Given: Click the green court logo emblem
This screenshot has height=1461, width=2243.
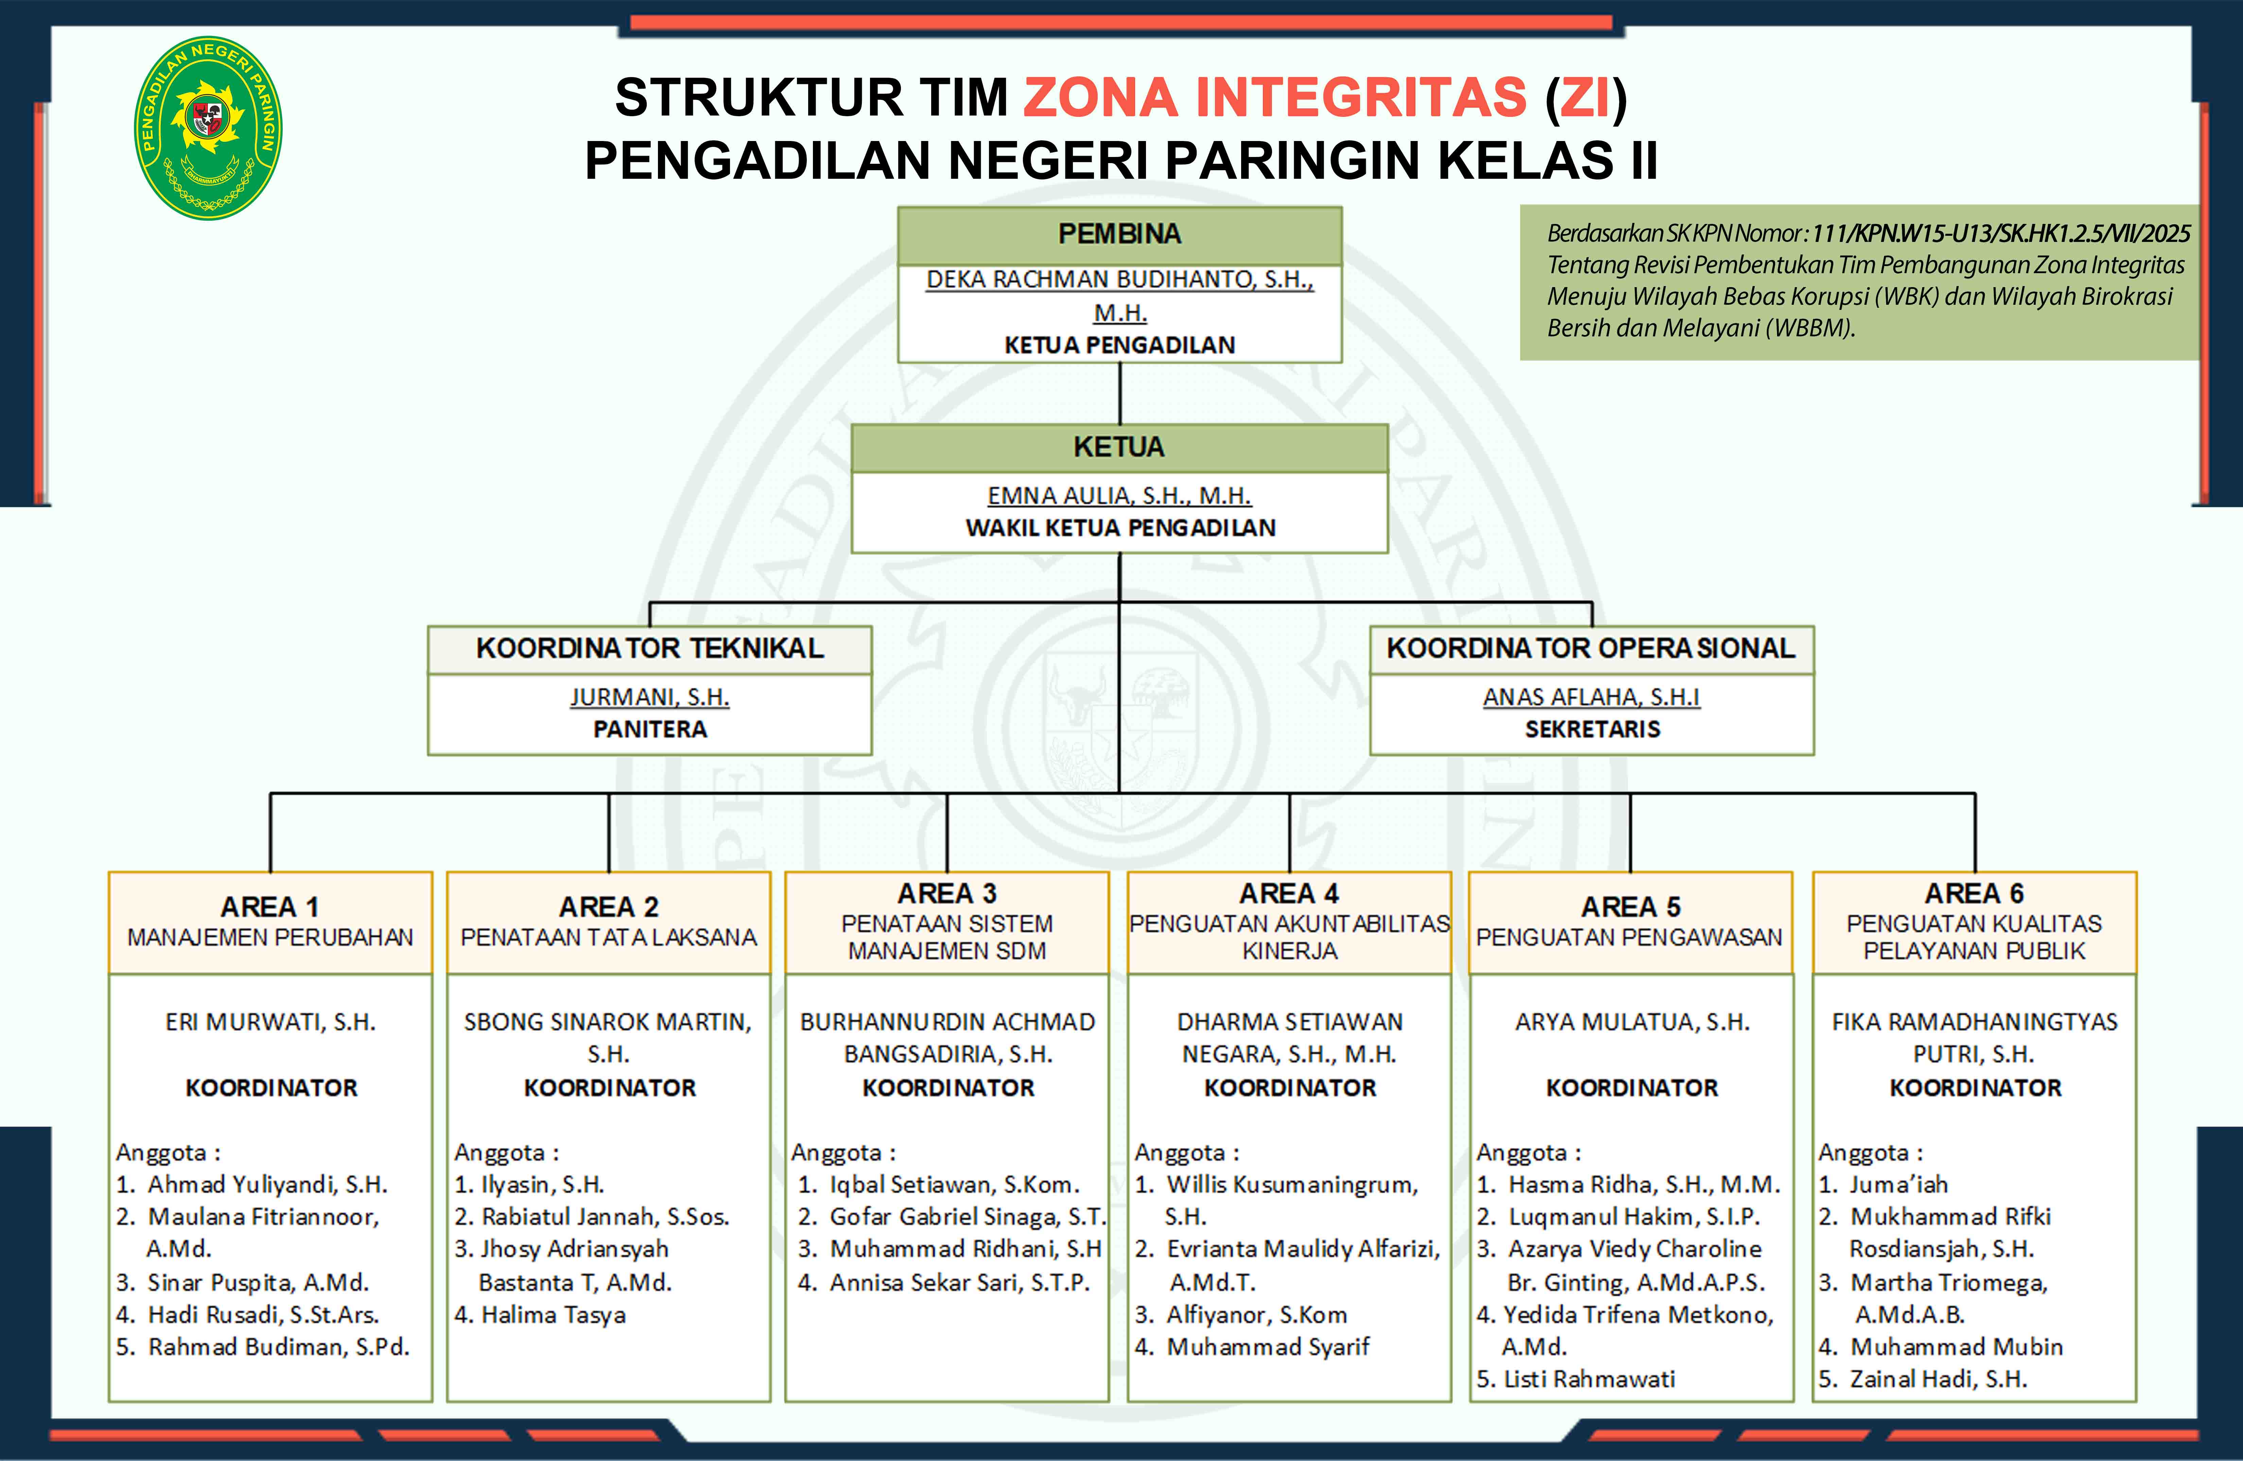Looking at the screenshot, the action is (x=208, y=128).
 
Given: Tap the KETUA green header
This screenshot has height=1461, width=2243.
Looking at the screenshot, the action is (x=1119, y=447).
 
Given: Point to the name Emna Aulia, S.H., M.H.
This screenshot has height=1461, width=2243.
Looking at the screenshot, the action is (x=1119, y=495).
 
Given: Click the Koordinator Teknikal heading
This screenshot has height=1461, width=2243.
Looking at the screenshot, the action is (x=649, y=648).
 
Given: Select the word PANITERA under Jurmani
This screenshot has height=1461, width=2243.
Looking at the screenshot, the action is (x=649, y=729).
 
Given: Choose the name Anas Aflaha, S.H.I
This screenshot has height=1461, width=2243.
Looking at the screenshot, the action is (x=1592, y=697).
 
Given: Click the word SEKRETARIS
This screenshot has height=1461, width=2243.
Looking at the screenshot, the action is (x=1592, y=729).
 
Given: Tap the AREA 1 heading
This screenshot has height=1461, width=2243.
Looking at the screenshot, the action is (x=271, y=907).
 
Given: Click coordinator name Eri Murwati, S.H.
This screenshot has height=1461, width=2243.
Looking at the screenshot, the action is (x=271, y=1022).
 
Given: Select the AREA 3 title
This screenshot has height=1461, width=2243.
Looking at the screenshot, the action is (x=947, y=893).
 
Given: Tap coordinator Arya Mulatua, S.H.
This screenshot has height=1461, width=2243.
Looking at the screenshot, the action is (x=1632, y=1022).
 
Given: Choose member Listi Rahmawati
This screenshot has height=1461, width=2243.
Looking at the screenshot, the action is (x=1576, y=1379).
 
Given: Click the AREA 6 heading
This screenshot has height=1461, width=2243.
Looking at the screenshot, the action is (x=1975, y=893).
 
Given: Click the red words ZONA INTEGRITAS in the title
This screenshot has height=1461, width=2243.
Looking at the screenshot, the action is (x=1275, y=97).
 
